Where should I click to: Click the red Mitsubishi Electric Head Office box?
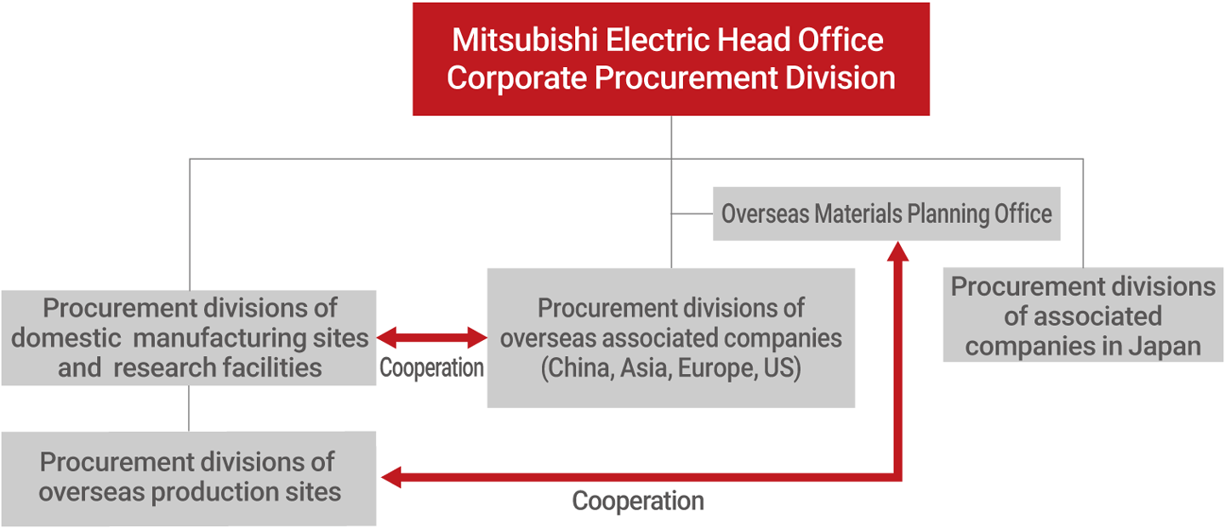coord(670,59)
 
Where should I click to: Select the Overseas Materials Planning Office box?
coord(886,213)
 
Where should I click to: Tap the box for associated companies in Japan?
coord(1082,315)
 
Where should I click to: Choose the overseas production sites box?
coord(188,477)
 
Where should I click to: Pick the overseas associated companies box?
coord(670,338)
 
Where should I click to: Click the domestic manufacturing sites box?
coord(188,338)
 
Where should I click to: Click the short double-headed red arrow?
coord(431,338)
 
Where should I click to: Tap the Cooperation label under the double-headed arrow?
coord(431,368)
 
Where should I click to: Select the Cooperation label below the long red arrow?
coord(638,501)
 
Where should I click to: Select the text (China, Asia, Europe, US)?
coord(671,370)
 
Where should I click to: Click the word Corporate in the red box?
coord(517,78)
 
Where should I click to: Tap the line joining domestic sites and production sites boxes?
coord(189,408)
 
